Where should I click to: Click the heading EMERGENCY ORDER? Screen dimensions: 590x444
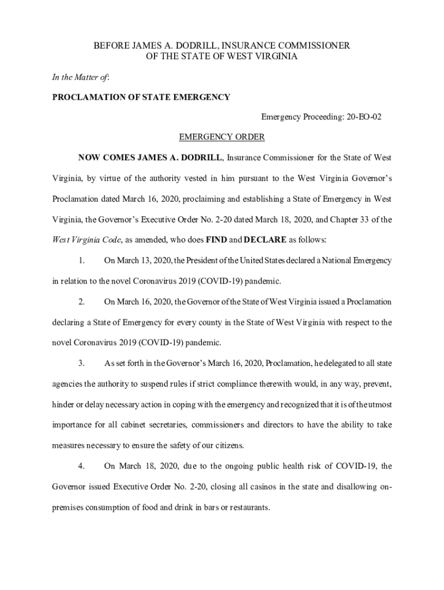221,137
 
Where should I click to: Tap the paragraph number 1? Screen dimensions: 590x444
81,260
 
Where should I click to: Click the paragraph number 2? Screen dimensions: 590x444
81,302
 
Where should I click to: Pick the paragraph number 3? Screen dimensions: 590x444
81,364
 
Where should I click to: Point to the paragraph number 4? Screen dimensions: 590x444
81,466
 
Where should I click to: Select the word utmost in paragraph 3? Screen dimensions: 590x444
378,404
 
